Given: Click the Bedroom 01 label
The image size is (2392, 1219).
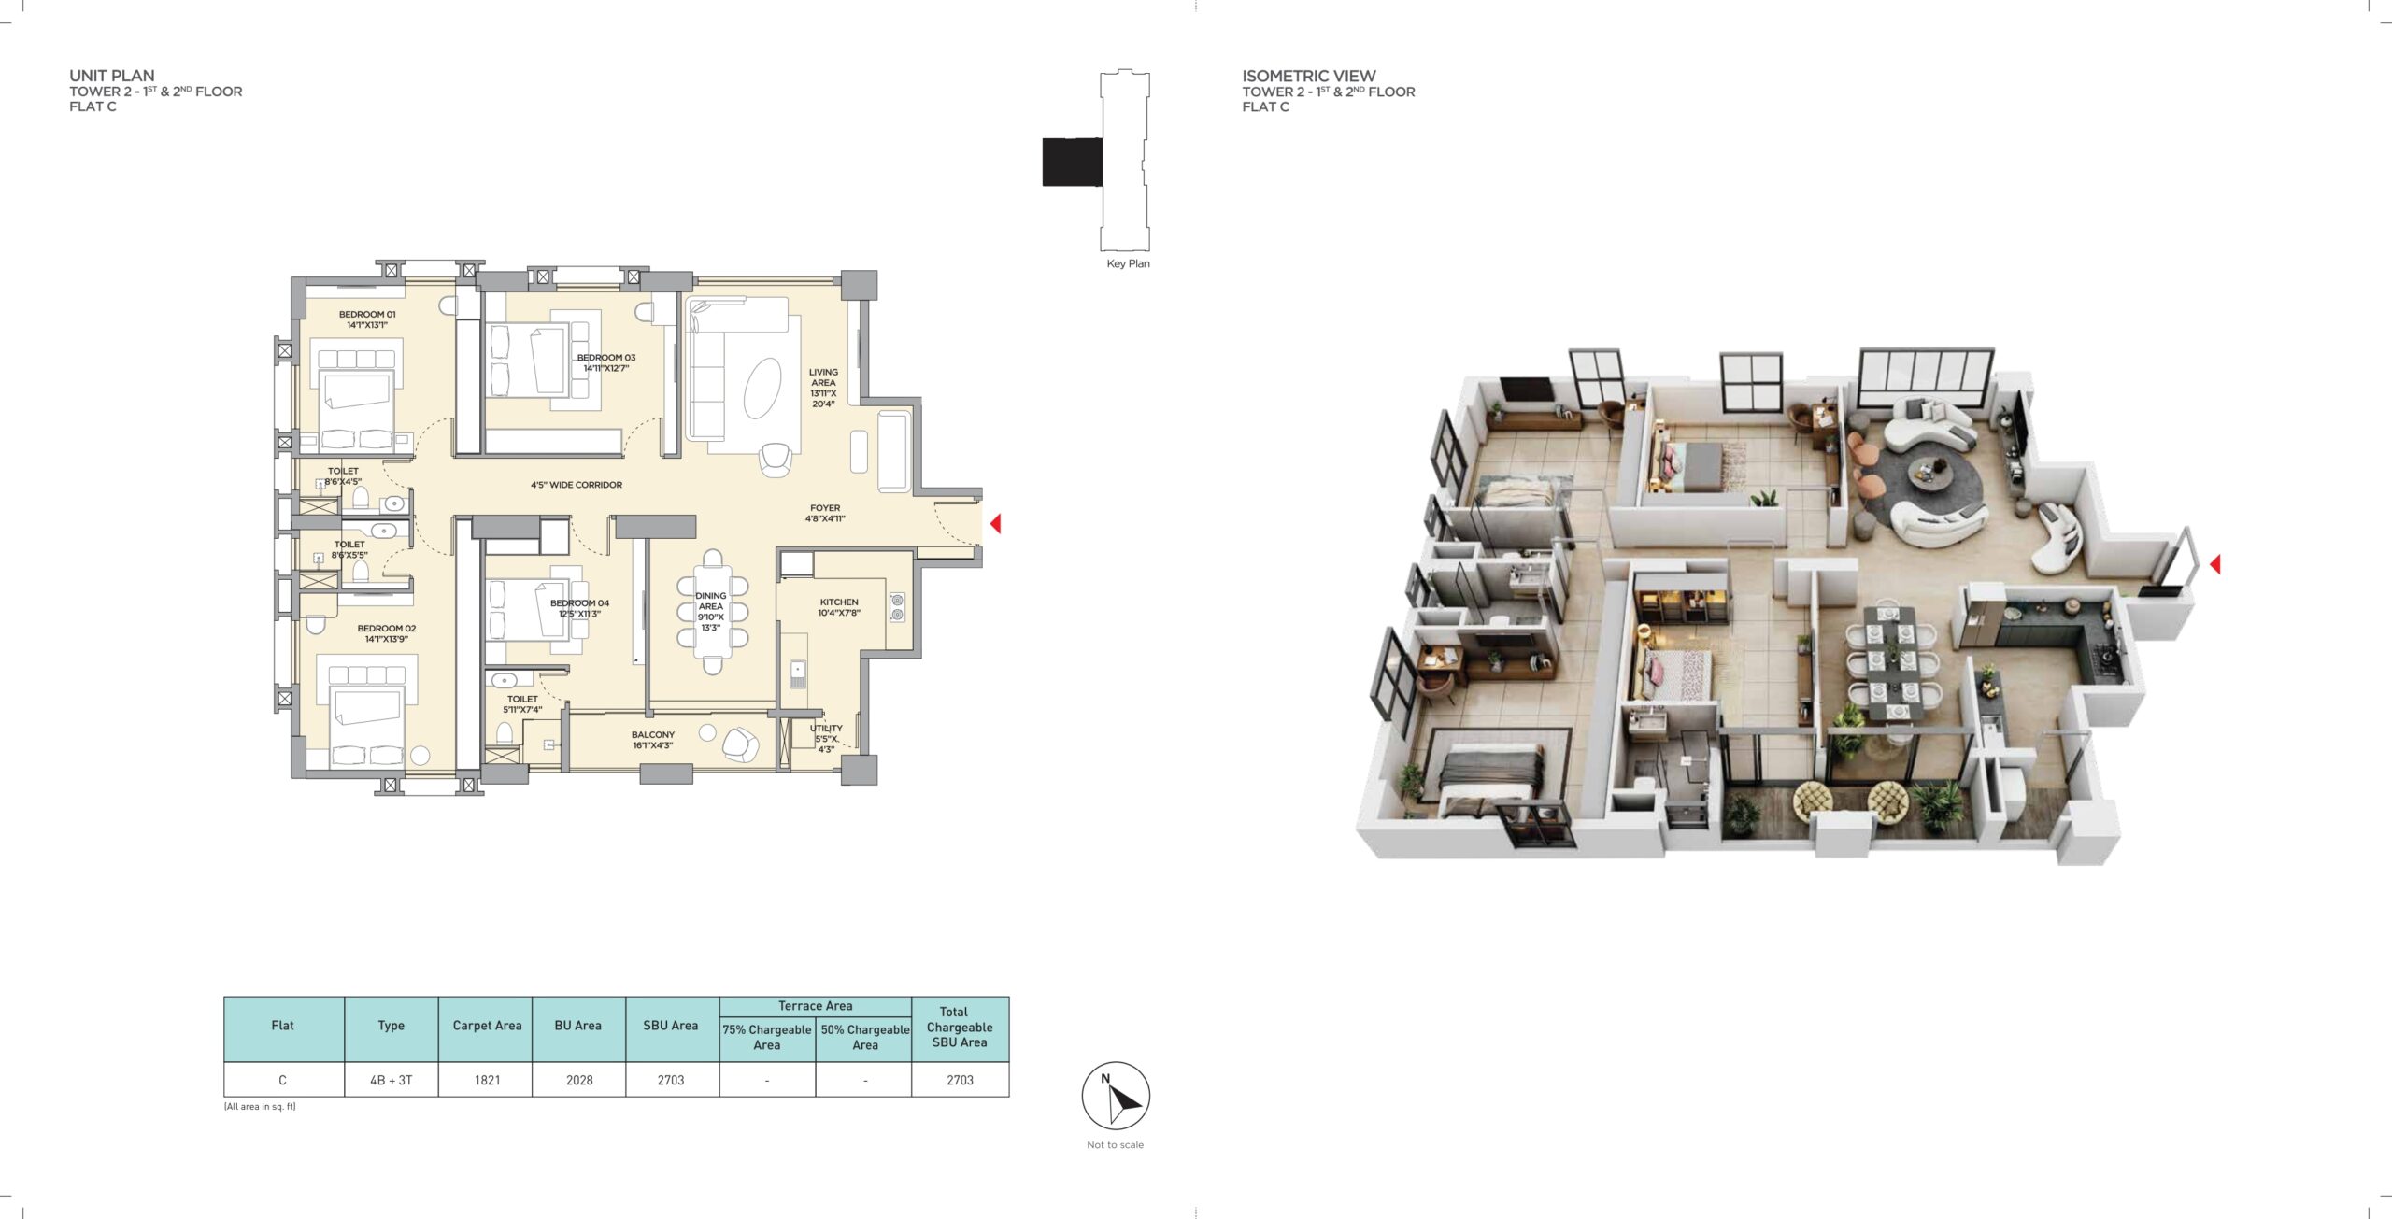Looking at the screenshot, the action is click(367, 319).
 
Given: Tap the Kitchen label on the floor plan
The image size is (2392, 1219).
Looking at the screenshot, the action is click(839, 607).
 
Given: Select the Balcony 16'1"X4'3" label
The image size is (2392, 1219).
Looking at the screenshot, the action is click(652, 740).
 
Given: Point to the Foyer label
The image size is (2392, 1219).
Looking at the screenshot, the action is click(825, 513).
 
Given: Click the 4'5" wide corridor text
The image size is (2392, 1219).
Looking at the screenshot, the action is click(577, 485).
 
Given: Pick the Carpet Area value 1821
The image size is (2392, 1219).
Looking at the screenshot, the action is click(487, 1080).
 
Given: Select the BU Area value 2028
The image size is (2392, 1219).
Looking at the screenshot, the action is click(579, 1080).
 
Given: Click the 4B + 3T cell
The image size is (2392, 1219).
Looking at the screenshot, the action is click(391, 1080).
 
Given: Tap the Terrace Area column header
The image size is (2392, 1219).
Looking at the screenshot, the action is click(815, 1006).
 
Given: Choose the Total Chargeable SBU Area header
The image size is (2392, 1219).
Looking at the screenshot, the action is click(960, 1027).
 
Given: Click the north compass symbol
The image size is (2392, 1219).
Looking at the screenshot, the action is click(1116, 1096).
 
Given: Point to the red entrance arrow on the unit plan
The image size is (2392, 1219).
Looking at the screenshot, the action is click(995, 523).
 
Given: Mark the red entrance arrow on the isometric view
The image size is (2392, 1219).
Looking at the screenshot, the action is click(2214, 564).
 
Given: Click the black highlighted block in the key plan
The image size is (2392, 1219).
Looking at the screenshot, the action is click(1072, 162).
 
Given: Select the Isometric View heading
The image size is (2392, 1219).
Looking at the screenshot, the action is click(1308, 76).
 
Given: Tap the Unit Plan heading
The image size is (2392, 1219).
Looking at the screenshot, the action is click(112, 76).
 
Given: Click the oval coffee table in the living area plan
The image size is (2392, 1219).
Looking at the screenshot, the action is click(762, 389).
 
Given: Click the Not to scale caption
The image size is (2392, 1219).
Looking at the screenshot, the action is click(1115, 1144).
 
